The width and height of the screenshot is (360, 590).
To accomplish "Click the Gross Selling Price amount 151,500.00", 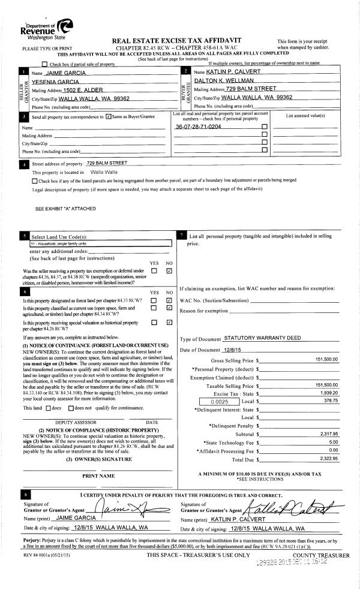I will click(326, 359).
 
